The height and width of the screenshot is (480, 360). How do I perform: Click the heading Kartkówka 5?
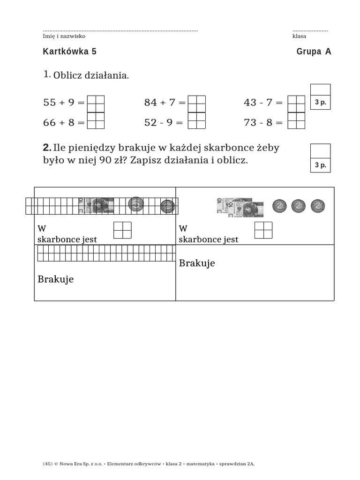(x=69, y=52)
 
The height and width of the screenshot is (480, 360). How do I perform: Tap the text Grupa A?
(x=314, y=52)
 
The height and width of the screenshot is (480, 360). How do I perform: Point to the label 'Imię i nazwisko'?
(x=64, y=36)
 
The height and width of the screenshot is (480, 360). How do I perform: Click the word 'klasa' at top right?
(x=299, y=36)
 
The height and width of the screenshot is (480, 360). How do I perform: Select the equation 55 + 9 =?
(x=64, y=103)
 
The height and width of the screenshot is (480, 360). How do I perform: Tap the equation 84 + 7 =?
(x=165, y=103)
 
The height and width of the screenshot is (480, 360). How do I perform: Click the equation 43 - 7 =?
(x=263, y=103)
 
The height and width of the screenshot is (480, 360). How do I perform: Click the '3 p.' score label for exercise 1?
(x=321, y=102)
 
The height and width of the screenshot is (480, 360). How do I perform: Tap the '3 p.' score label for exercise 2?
(x=321, y=165)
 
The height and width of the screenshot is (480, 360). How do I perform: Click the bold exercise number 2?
(x=47, y=148)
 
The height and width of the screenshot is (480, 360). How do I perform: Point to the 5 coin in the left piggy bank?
(x=135, y=204)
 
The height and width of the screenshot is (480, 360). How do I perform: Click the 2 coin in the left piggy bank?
(x=167, y=206)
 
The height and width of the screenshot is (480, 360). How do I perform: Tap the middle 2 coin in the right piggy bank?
(x=299, y=205)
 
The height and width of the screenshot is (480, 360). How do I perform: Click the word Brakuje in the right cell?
(x=197, y=263)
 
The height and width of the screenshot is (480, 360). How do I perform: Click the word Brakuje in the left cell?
(x=55, y=280)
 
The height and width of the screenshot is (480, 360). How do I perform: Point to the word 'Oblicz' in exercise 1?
(x=67, y=75)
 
